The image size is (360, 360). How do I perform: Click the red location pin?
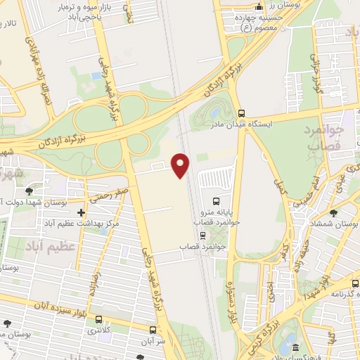click(x=181, y=165)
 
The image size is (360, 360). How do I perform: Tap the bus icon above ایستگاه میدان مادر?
click(x=241, y=112)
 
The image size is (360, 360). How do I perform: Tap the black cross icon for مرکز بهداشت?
click(x=81, y=212)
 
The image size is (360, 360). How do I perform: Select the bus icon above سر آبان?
click(x=153, y=329)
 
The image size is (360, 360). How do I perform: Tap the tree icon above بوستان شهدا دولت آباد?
click(x=29, y=191)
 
